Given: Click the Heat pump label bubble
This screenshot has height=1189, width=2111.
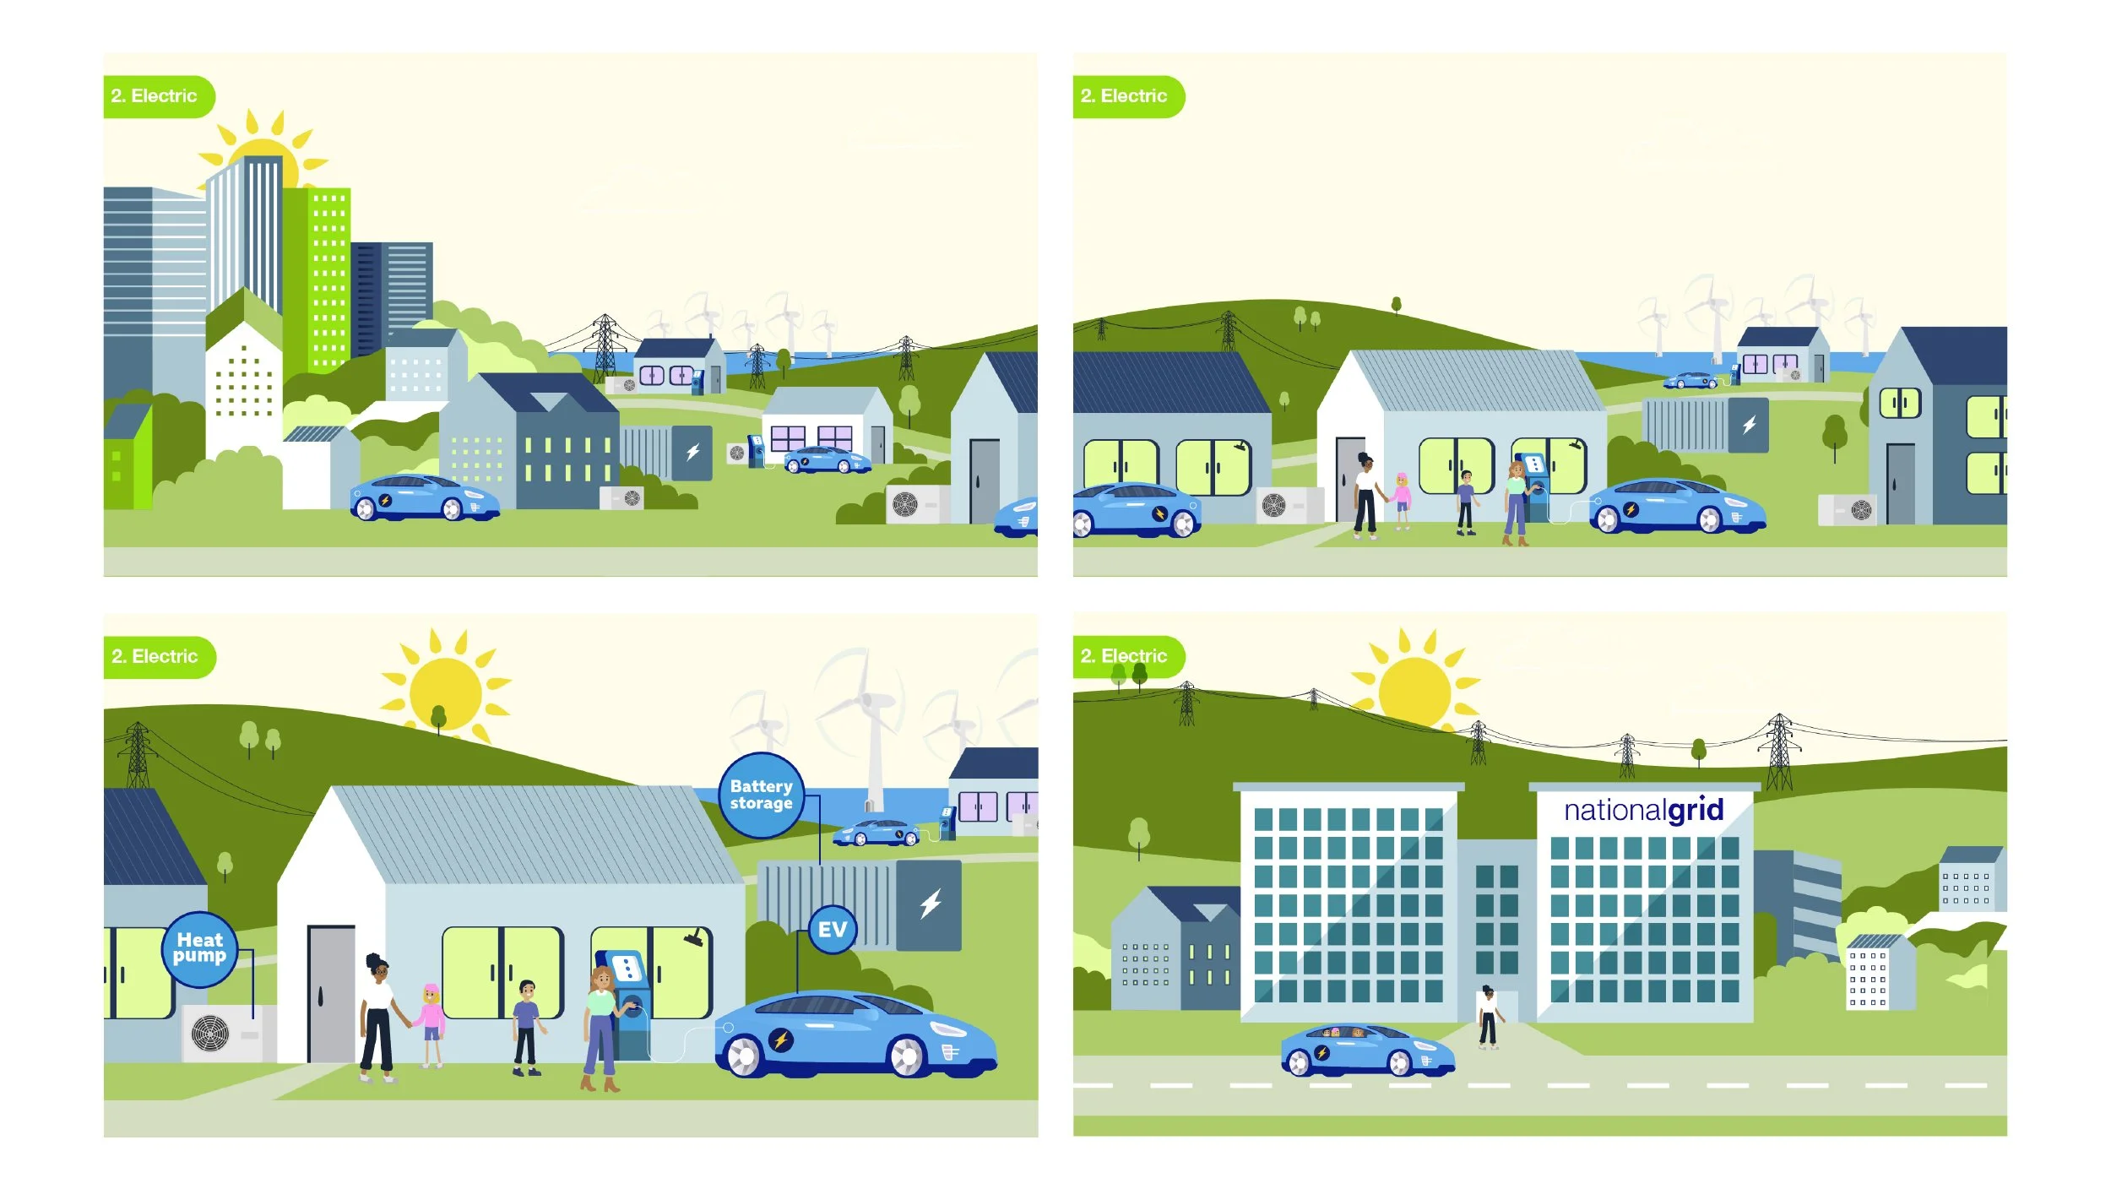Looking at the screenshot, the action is (199, 948).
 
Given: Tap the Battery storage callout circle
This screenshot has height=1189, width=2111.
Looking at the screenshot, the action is (761, 795).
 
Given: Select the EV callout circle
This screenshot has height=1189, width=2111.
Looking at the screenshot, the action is (832, 929).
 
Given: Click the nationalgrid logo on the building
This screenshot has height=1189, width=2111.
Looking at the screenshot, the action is (1643, 810).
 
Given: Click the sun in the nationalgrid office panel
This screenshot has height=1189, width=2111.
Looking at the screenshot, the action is (1414, 692).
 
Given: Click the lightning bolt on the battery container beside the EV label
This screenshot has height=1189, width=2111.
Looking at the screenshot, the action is (931, 904).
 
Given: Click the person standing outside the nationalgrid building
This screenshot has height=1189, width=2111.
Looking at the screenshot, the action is (1488, 1018).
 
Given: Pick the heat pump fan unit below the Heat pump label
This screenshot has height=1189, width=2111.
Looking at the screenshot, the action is (211, 1033).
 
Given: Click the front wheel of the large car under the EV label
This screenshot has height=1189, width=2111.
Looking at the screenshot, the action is (908, 1056).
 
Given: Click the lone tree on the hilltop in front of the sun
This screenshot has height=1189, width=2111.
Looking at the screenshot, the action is (438, 719).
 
